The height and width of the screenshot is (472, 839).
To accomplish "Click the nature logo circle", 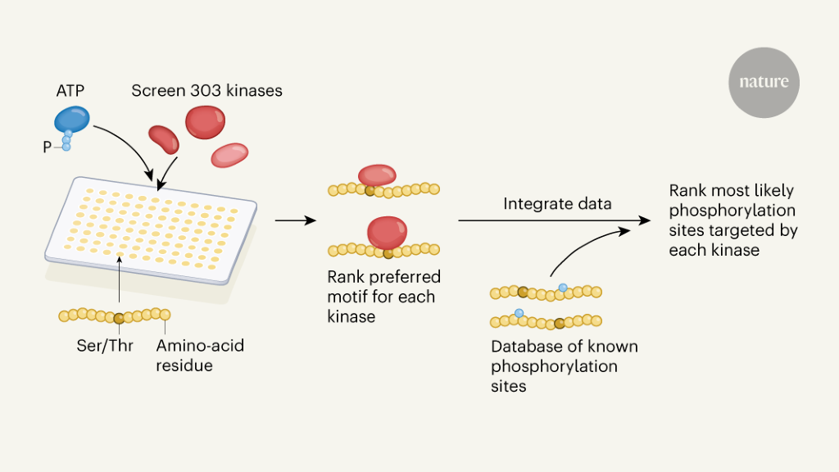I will click(x=764, y=83).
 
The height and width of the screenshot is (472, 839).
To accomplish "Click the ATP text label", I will click(x=70, y=90).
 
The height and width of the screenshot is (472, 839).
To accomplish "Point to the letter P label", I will click(x=48, y=147).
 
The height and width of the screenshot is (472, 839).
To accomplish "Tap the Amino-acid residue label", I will click(x=200, y=355).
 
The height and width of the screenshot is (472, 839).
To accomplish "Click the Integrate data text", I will click(x=557, y=203).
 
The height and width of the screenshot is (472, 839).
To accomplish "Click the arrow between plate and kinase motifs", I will click(x=296, y=220).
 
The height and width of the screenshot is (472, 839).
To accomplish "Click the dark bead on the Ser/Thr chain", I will click(x=120, y=318).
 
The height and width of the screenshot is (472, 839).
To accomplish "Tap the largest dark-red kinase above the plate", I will click(x=205, y=122).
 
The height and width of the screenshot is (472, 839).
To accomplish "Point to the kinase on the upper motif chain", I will click(x=377, y=175).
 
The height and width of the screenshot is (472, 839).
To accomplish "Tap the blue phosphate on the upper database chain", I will click(x=562, y=288).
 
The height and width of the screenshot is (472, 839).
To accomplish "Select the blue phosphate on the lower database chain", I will click(x=519, y=313).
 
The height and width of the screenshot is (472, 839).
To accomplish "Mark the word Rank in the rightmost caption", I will click(x=687, y=191).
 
